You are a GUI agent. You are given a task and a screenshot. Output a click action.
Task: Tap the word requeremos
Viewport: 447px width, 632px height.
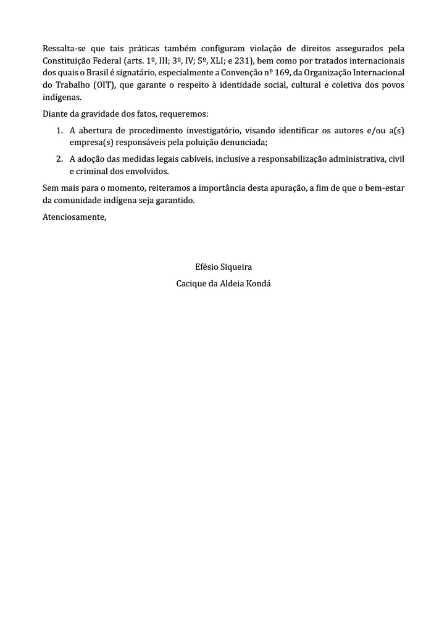tap(188, 114)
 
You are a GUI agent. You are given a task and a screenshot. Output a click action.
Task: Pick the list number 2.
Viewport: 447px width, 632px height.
tap(59, 159)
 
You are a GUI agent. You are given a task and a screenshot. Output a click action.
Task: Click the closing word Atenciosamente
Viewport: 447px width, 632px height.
tap(74, 217)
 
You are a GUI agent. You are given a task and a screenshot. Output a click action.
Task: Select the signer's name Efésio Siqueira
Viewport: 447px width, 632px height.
tap(223, 268)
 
